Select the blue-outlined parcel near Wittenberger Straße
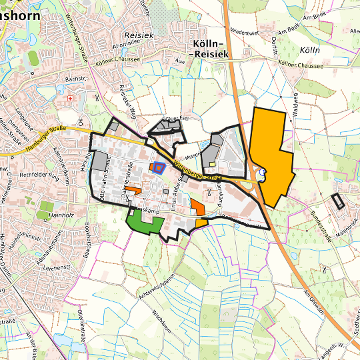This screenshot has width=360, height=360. (x=158, y=167)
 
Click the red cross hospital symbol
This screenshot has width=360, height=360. (x=71, y=98)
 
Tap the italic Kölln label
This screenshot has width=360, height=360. (x=310, y=51)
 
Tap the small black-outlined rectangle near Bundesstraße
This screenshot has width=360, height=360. (x=338, y=201)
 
